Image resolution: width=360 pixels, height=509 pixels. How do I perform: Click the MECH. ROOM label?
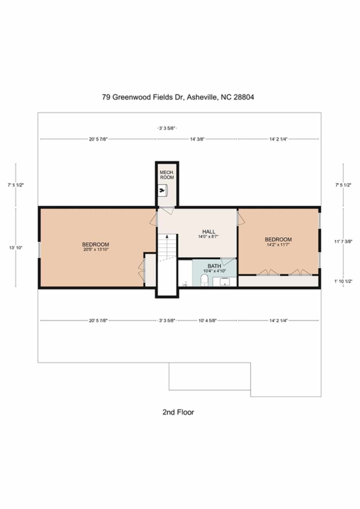167,175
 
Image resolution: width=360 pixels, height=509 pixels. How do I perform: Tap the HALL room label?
209,232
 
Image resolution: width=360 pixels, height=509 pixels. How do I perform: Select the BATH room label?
214,266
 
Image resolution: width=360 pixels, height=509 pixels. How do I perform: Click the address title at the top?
178,97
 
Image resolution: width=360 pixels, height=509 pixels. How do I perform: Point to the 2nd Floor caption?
178,412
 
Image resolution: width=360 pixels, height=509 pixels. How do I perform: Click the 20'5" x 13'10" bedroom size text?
96,249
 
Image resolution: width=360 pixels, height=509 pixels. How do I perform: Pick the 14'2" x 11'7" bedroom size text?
278,245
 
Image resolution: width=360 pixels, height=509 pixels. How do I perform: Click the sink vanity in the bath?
224,282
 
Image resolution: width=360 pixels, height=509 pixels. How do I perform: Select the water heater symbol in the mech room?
163,190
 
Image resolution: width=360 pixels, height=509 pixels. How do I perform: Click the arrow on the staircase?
167,247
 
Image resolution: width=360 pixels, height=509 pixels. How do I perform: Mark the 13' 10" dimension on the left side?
15,248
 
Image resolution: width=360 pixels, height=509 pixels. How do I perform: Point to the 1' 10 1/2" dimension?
343,281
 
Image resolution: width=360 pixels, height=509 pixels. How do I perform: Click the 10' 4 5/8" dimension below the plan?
207,320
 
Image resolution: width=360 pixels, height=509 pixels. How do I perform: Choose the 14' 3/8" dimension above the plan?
197,139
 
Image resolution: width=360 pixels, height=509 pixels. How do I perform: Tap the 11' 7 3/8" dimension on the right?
343,241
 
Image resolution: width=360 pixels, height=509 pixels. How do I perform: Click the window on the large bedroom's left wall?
39,250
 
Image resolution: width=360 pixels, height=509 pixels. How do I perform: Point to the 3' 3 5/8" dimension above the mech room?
167,128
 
